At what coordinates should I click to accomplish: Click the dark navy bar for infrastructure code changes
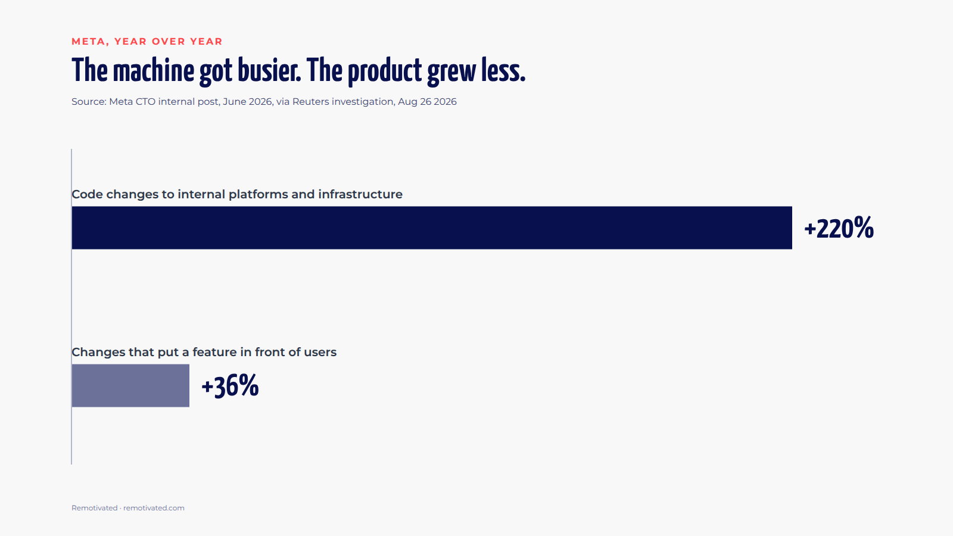tap(432, 228)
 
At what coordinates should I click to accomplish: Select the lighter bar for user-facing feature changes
tap(130, 385)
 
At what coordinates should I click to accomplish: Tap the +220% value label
tap(839, 228)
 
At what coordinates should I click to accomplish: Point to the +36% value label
tap(230, 386)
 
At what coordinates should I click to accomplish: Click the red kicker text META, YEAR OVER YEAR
tap(147, 41)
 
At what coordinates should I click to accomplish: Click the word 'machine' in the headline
tap(154, 71)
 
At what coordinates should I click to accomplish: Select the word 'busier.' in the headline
tap(269, 71)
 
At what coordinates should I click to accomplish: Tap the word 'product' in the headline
tap(385, 71)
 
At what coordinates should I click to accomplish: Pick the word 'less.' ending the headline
tap(503, 71)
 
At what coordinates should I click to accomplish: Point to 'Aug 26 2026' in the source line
tap(427, 102)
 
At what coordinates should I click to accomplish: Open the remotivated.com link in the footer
tap(154, 508)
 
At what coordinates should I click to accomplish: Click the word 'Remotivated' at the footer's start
tap(95, 508)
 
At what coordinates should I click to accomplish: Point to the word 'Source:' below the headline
tap(89, 102)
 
